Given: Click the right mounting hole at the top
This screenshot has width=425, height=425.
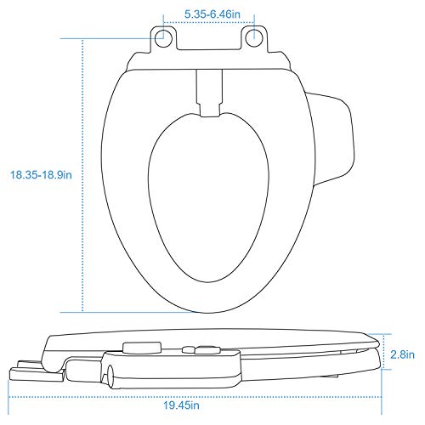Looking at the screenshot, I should pos(253,36).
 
